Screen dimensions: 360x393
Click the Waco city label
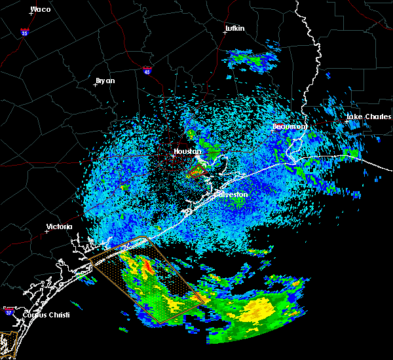41,10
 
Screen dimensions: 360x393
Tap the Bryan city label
105,81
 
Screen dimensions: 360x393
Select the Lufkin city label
234,29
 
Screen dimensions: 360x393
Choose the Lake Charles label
368,117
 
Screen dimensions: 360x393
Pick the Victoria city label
58,227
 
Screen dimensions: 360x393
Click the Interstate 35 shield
24,31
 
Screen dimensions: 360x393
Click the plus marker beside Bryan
96,84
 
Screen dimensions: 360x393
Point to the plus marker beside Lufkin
226,34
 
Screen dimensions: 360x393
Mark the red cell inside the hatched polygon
149,267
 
